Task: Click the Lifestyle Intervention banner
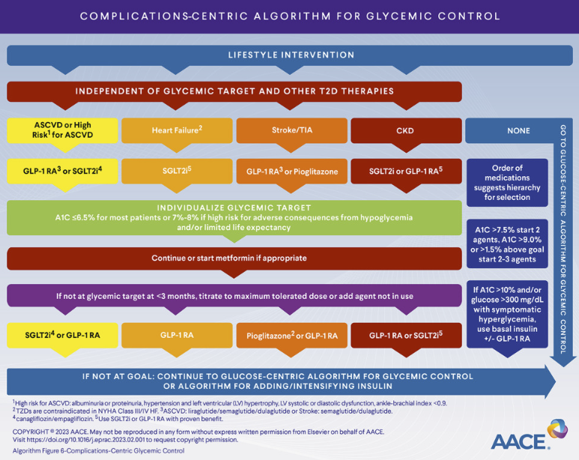pos(291,55)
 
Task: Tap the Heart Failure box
pos(178,130)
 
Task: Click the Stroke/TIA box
pos(292,130)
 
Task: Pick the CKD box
pos(406,130)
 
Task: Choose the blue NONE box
pos(518,130)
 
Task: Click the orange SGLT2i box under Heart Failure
pos(178,172)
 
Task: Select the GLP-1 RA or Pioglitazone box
pos(292,172)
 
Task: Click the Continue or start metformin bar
pos(229,258)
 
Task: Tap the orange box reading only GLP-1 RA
pos(178,335)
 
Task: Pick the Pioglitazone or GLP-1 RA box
pos(292,335)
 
